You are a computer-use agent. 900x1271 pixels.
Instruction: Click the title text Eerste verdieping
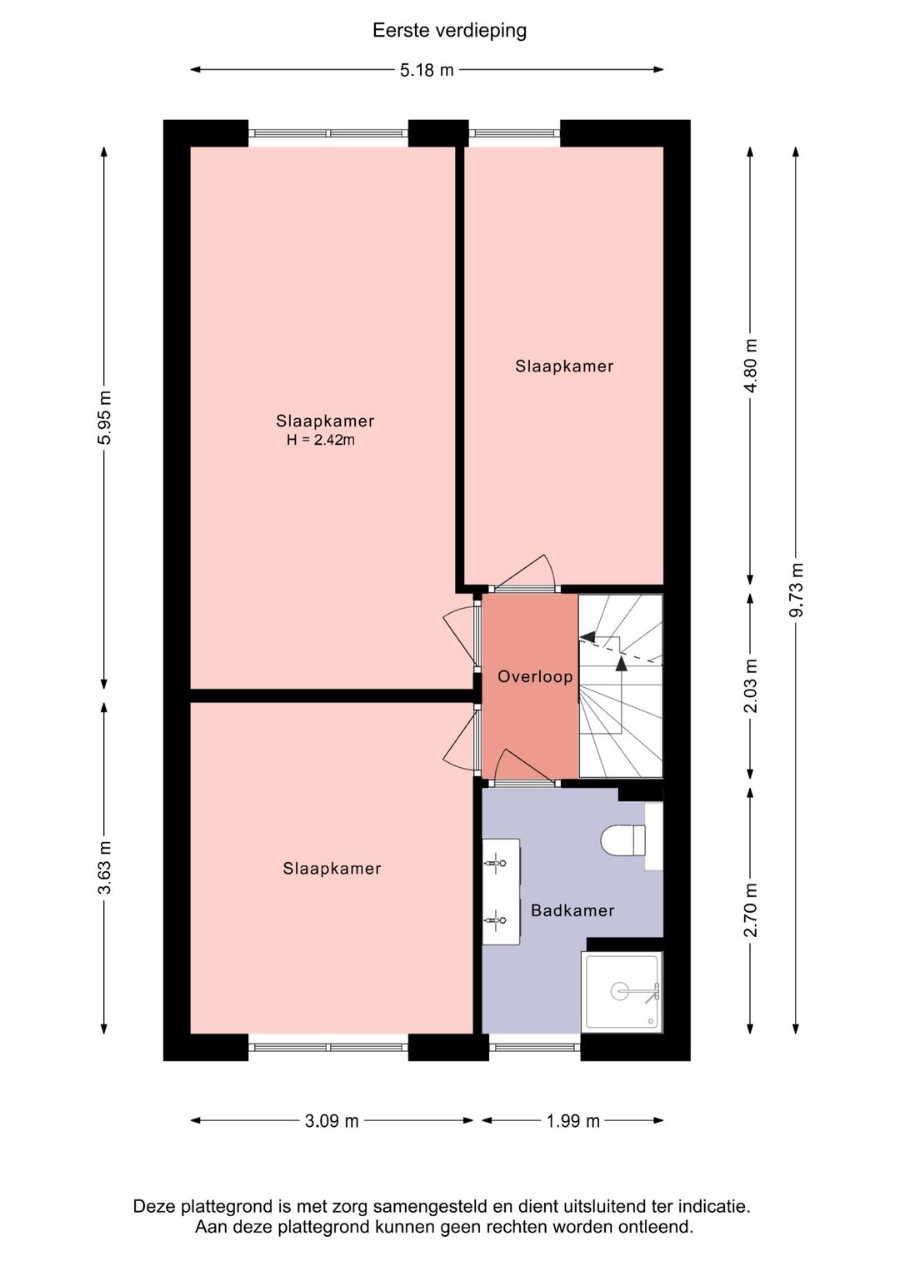click(449, 31)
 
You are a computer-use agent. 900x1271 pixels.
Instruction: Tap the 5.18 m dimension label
click(427, 70)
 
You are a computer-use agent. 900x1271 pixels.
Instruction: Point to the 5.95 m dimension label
click(104, 417)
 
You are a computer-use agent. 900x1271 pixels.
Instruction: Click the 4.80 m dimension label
click(751, 366)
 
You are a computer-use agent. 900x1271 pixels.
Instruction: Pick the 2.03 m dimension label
click(751, 685)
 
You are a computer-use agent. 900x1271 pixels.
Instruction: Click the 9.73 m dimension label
click(797, 590)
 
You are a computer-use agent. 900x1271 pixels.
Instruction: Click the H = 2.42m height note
click(321, 440)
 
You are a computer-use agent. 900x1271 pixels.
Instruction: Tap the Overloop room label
click(535, 676)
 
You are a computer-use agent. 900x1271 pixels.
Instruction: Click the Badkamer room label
click(572, 910)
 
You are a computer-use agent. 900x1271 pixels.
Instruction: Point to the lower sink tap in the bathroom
click(494, 920)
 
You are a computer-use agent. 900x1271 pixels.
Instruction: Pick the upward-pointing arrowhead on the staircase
click(622, 663)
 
